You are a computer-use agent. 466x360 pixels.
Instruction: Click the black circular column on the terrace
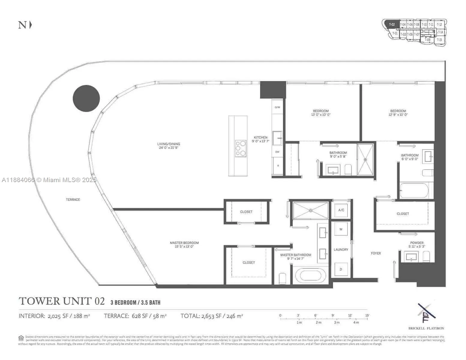(86, 98)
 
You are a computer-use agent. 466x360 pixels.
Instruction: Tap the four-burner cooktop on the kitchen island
(241, 148)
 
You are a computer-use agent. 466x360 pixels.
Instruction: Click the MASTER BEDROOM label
(184, 244)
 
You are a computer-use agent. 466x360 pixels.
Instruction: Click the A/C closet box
(341, 210)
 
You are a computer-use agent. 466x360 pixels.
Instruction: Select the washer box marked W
(341, 229)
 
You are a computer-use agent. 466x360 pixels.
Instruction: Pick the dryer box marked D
(341, 269)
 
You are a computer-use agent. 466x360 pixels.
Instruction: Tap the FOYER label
(376, 253)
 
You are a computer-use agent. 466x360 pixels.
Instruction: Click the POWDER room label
(417, 243)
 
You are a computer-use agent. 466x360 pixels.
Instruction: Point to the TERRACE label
(73, 199)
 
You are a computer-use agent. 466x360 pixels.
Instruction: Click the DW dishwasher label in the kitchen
(277, 152)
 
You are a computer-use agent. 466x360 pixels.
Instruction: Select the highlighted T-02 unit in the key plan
(391, 24)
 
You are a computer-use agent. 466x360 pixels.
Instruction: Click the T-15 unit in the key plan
(440, 40)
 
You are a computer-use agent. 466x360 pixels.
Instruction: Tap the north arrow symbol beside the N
(30, 25)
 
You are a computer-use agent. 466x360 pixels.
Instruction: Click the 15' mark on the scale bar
(367, 315)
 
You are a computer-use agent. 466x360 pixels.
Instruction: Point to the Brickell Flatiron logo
(426, 313)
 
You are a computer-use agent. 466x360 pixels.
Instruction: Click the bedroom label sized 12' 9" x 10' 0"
(398, 112)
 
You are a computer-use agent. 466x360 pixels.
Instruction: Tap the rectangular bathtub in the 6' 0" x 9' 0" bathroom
(414, 191)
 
